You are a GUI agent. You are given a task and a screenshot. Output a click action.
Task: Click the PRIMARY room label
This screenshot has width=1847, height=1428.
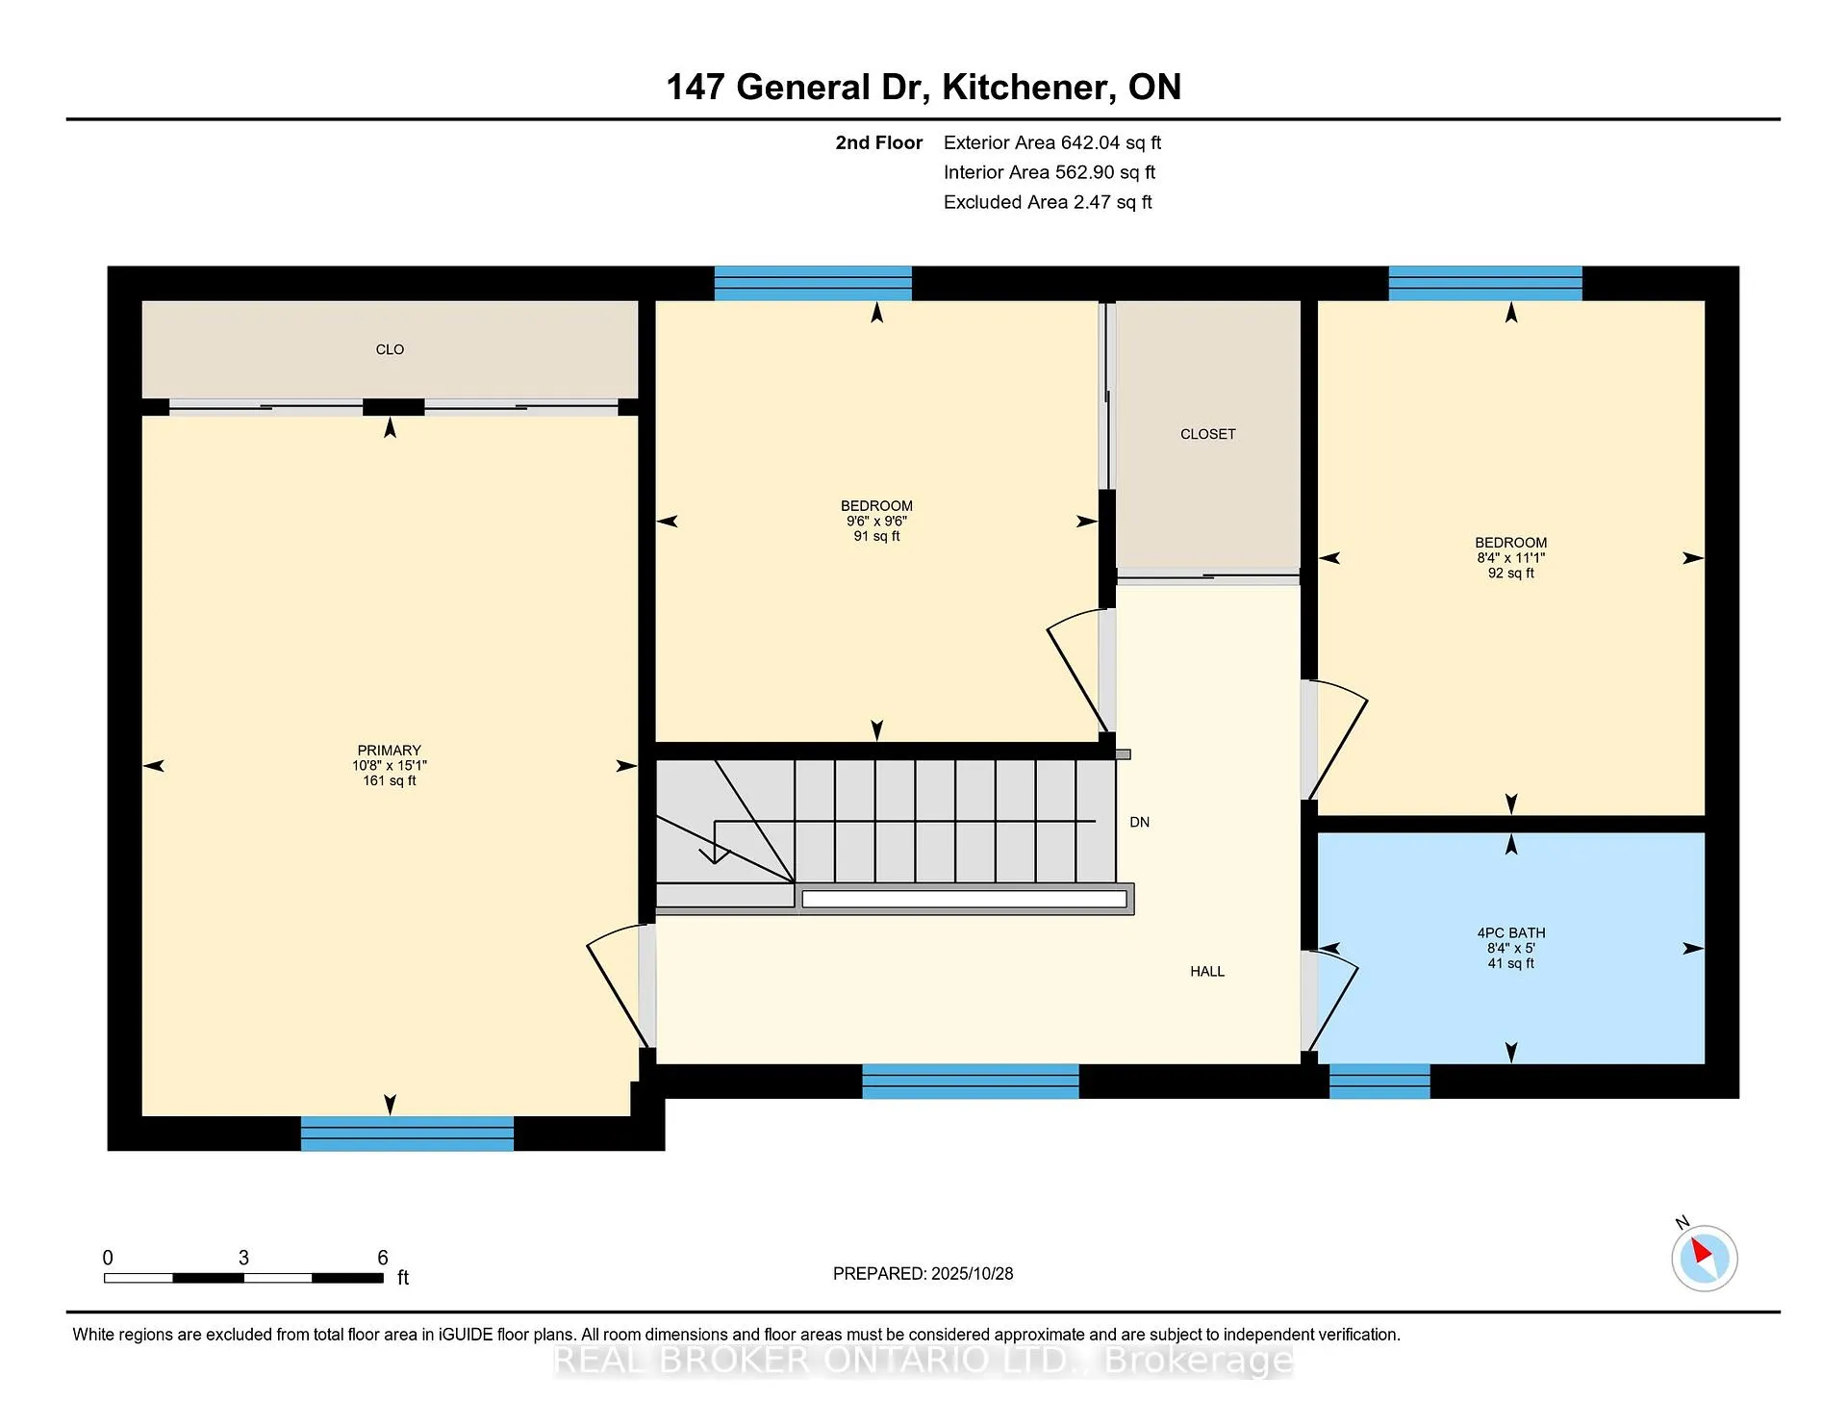390,751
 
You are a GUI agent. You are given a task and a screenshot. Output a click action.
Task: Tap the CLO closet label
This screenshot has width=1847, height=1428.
390,349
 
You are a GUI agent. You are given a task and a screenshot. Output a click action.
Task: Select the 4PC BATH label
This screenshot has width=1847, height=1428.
1511,932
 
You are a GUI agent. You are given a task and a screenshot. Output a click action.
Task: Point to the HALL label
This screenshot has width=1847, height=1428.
1207,972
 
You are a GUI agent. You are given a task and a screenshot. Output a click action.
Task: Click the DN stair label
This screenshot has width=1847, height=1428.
1140,822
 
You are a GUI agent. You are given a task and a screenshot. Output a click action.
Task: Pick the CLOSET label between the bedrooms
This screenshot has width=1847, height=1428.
1208,434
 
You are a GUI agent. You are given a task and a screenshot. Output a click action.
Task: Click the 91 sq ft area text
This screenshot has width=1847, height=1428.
876,536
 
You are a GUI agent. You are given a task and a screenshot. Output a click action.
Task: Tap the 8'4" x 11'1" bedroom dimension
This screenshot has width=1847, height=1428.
1511,558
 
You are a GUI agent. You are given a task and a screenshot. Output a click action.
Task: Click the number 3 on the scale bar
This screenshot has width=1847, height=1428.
243,1258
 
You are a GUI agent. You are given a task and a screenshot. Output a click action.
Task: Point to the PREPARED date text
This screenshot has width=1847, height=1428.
923,1273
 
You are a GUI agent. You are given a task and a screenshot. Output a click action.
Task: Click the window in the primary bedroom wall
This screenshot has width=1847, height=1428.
407,1134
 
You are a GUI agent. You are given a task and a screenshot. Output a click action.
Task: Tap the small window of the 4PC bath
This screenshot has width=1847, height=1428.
1379,1082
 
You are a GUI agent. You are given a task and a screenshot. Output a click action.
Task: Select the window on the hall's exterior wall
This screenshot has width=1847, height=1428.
971,1082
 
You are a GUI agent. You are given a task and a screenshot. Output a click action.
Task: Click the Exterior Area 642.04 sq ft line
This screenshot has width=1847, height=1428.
1052,142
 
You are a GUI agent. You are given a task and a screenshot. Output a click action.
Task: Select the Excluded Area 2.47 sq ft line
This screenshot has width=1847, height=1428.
1048,202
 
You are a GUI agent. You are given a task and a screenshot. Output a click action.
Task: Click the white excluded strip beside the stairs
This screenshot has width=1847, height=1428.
964,899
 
